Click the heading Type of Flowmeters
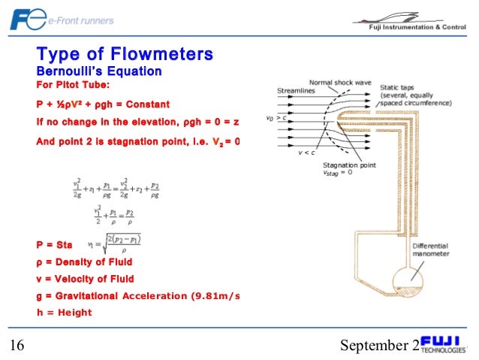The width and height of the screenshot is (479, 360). coord(125,54)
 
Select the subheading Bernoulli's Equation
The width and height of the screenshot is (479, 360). coord(99,71)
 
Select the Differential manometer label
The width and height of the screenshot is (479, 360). coord(430,249)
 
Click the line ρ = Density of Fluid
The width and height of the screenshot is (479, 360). coord(84,262)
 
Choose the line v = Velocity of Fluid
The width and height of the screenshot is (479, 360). coord(84,278)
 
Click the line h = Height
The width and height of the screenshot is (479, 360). coord(64,312)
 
